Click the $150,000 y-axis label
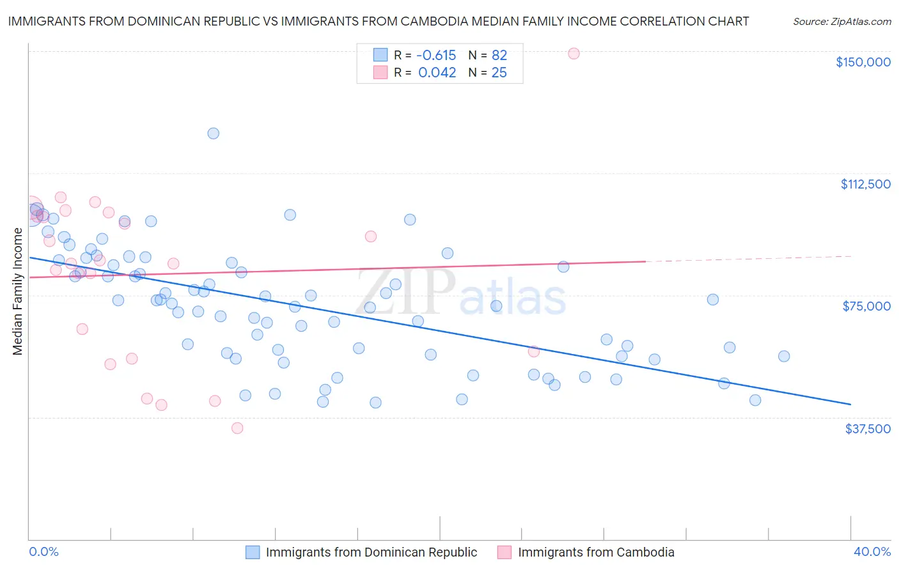[x=863, y=62]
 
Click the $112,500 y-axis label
[x=865, y=184]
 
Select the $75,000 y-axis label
[x=866, y=306]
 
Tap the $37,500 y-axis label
[x=868, y=429]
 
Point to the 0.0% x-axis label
[x=43, y=551]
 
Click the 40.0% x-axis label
[x=872, y=551]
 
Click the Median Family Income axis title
[x=17, y=291]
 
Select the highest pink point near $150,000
[x=574, y=54]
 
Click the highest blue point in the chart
[x=214, y=134]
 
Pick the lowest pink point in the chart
[x=237, y=428]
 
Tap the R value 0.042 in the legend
[x=437, y=73]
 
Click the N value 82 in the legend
[x=499, y=56]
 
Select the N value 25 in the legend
[x=499, y=73]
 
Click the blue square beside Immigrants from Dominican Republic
[x=253, y=552]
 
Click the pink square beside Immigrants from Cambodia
[x=504, y=552]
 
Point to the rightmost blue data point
[x=784, y=357]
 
